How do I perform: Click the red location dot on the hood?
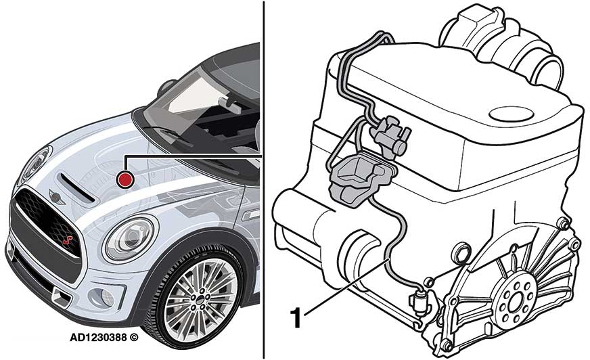point(125,179)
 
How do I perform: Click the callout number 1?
point(296,319)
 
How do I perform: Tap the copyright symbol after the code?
point(134,338)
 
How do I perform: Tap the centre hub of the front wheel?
point(200,299)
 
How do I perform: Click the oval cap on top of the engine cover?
point(511,113)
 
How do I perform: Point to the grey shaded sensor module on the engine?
point(358,176)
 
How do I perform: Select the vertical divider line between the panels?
point(263,180)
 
